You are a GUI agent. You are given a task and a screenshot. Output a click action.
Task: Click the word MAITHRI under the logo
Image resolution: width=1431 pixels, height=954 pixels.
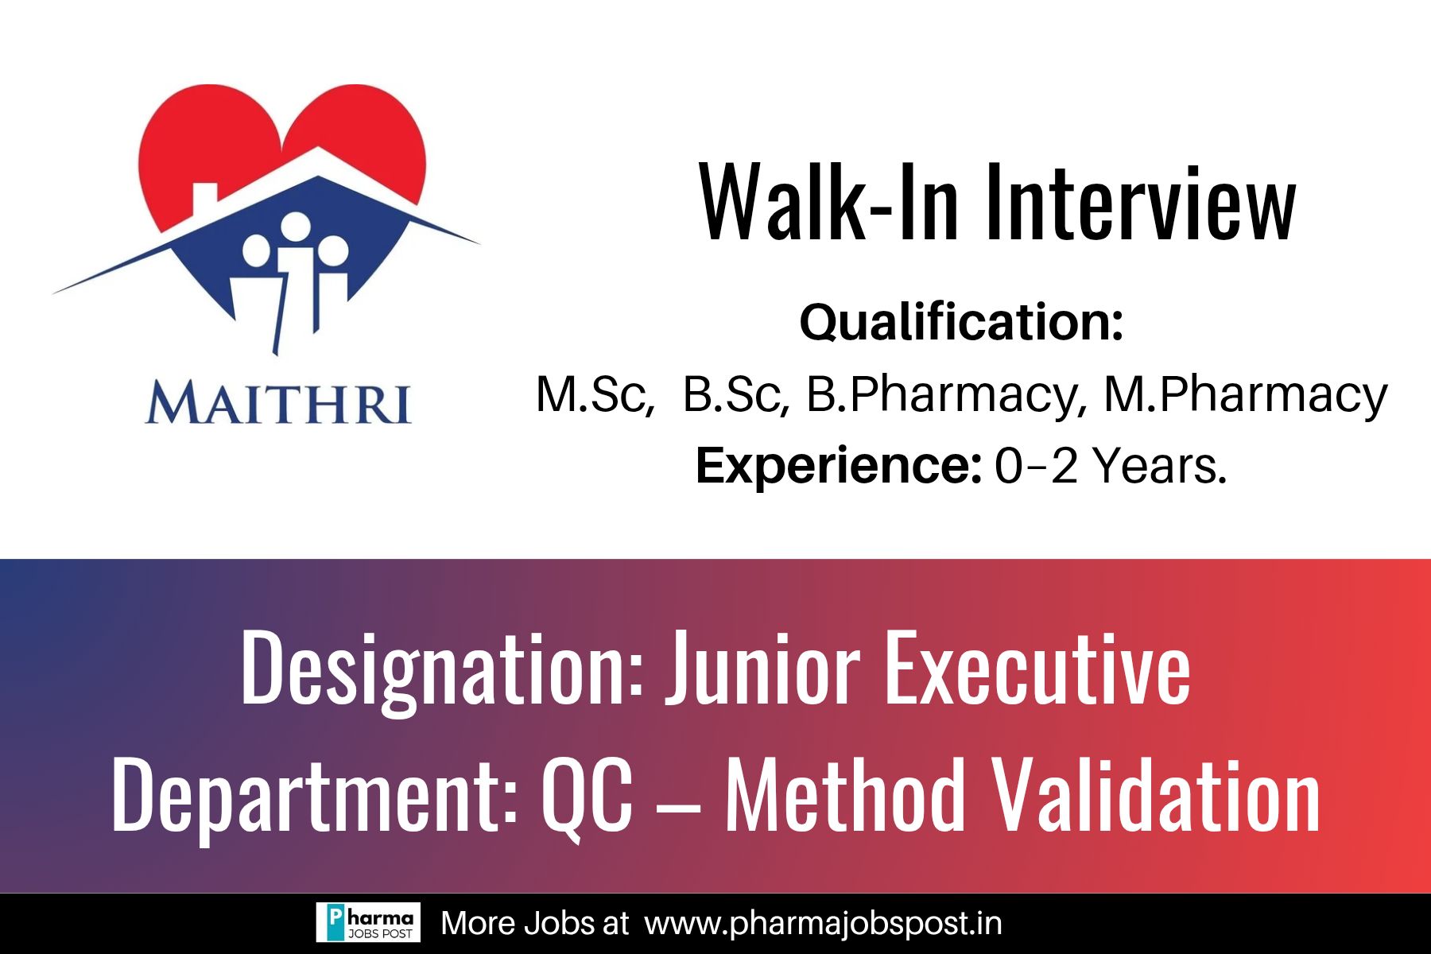278,403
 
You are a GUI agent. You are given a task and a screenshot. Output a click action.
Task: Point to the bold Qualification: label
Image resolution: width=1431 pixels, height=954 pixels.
961,322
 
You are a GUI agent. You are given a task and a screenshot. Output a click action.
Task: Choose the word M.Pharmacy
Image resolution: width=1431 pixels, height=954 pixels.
1246,396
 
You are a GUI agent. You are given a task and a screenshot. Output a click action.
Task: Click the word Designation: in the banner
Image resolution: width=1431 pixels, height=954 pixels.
442,669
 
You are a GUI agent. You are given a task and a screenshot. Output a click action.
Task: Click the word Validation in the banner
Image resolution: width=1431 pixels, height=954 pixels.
1158,795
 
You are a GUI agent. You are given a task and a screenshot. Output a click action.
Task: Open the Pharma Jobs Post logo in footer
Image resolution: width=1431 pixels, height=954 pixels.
368,923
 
